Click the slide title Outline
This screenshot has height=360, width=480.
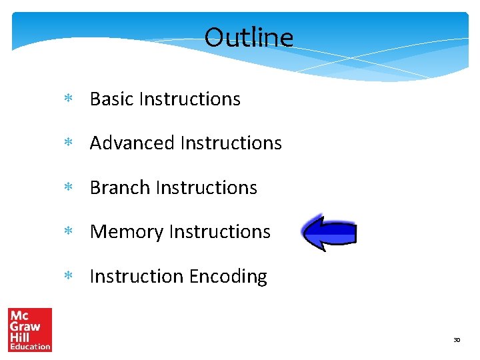tap(249, 37)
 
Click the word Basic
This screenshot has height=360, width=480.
tap(113, 99)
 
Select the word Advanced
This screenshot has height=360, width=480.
tap(132, 143)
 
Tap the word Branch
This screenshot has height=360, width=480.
tap(120, 188)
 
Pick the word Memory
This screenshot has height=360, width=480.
tap(127, 232)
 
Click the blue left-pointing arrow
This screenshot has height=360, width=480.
tap(329, 233)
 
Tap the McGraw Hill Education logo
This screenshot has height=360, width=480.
tap(30, 329)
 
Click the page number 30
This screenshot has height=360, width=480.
tap(457, 340)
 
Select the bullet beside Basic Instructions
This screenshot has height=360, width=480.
tap(67, 99)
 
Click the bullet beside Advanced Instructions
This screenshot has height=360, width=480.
tap(67, 143)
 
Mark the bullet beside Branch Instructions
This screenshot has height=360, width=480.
tap(67, 188)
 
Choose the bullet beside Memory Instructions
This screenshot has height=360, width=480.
tap(67, 232)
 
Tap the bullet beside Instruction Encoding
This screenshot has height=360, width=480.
tap(67, 277)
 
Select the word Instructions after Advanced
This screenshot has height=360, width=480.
tap(231, 143)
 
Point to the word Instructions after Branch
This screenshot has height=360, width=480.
tap(206, 188)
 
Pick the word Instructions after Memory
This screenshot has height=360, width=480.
tap(219, 232)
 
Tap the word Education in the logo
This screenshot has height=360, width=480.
tap(30, 346)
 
